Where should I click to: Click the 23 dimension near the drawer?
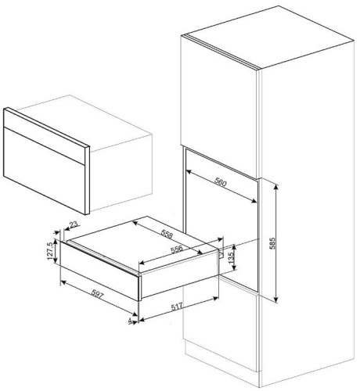tap(74, 224)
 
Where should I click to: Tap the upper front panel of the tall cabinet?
tap(219, 94)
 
